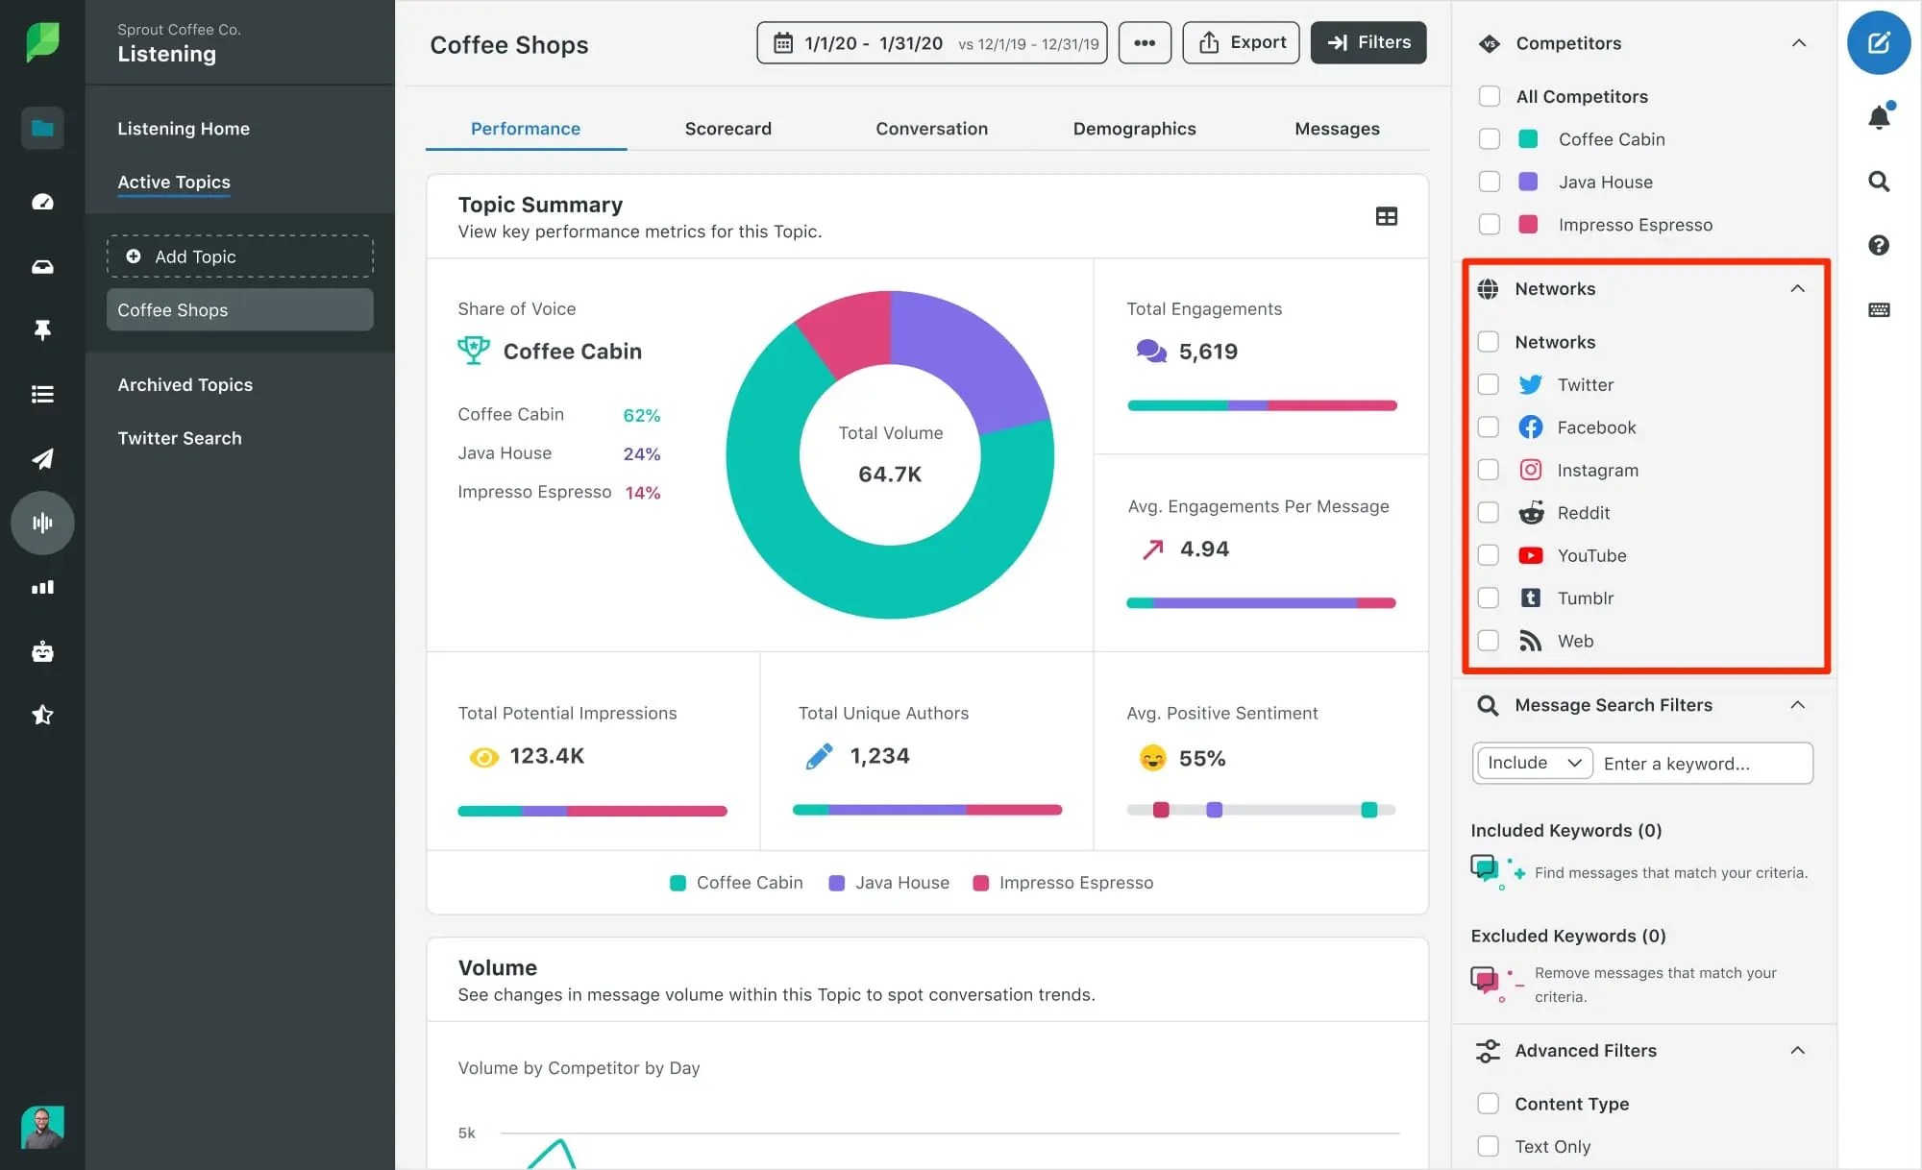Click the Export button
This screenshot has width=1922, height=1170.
1241,42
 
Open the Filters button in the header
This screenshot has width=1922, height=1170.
1368,42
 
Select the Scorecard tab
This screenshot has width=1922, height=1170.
727,129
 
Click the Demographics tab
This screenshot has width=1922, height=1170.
1134,129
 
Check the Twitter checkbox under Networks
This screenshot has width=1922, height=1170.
1488,385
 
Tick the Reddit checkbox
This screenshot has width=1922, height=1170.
1488,513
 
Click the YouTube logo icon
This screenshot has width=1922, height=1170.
1530,555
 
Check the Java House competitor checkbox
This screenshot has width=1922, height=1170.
1489,182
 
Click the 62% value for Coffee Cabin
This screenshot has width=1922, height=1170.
641,415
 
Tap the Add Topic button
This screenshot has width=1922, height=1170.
239,256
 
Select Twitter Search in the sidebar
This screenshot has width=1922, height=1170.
180,438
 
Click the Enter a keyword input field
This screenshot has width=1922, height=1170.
1701,764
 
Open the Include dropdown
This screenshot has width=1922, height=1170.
1534,763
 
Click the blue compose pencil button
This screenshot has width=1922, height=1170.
1878,42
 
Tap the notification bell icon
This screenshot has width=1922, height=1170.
1879,117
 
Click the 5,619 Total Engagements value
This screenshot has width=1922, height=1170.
1208,352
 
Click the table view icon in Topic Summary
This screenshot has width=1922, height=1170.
1386,217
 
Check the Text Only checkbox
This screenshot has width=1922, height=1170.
1488,1146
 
